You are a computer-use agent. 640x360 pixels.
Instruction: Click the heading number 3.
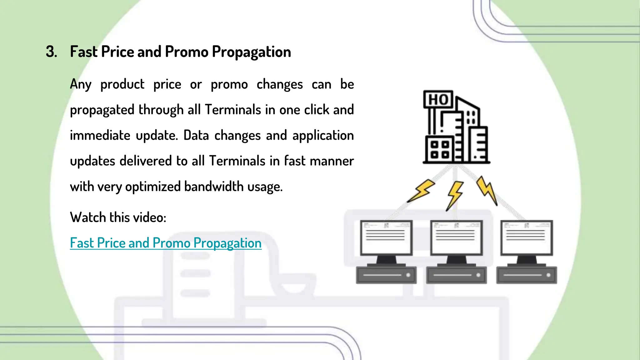[x=51, y=52]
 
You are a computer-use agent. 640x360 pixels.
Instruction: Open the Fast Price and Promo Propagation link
[x=166, y=243]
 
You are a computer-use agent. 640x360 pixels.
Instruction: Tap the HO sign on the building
[x=438, y=99]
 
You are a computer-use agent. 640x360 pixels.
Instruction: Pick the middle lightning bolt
[x=455, y=195]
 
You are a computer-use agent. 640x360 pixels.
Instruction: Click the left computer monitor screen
[x=386, y=237]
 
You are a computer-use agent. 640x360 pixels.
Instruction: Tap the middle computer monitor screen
[x=456, y=237]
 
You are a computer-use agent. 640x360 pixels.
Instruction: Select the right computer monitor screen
[x=527, y=237]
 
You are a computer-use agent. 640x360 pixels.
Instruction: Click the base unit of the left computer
[x=386, y=275]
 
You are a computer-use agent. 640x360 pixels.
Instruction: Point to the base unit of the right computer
[x=527, y=275]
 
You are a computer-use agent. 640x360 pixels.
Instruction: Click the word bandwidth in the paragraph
[x=214, y=187]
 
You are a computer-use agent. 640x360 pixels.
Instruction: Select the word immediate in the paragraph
[x=100, y=136]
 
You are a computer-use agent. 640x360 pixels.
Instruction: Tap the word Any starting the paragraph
[x=81, y=84]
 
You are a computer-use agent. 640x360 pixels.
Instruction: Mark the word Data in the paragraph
[x=196, y=136]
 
